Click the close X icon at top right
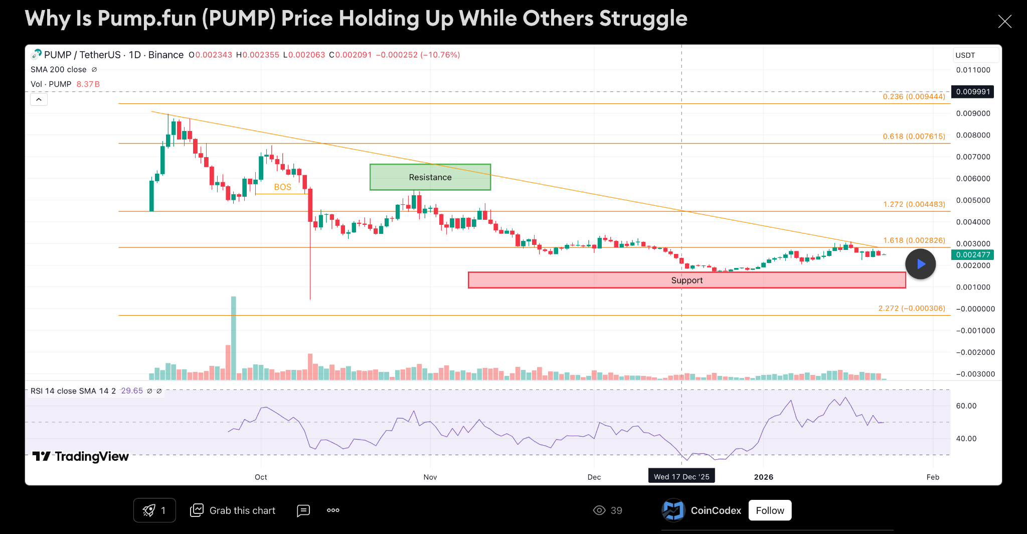(1004, 21)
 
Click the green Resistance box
(430, 177)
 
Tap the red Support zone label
(687, 280)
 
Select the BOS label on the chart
(282, 187)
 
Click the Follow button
(770, 510)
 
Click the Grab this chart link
(233, 510)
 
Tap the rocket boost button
(154, 510)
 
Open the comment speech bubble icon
(303, 510)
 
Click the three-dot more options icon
(333, 510)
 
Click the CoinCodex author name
(716, 510)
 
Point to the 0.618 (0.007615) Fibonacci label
(914, 136)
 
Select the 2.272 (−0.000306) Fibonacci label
(912, 308)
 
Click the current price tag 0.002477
(973, 254)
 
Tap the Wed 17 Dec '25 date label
(681, 476)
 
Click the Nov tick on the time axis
(430, 477)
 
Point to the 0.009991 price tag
(973, 91)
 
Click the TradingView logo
(81, 456)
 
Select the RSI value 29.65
(132, 390)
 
